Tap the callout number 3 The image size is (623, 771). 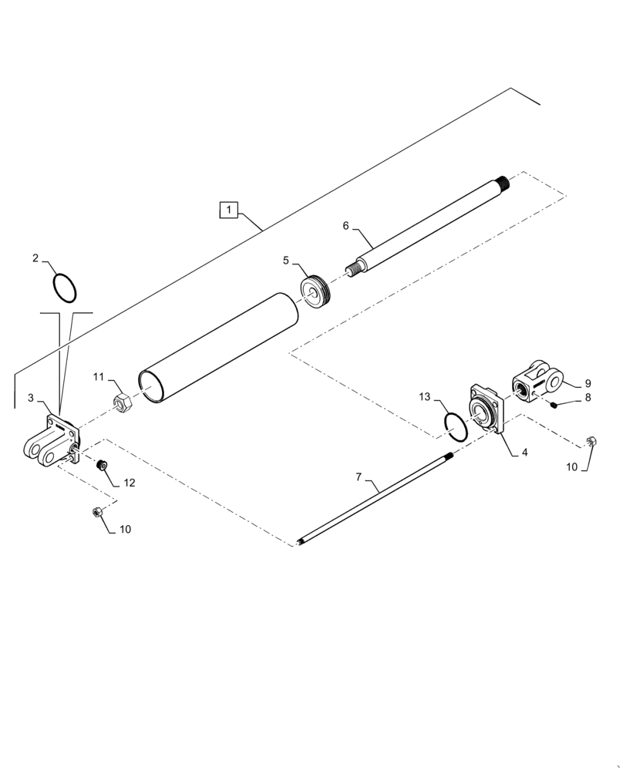(31, 398)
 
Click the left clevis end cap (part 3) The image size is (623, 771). (52, 443)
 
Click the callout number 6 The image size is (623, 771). (346, 226)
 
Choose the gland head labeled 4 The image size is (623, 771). (486, 409)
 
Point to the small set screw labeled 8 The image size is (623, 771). (554, 402)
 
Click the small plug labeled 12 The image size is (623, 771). (100, 465)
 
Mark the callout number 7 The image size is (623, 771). (359, 478)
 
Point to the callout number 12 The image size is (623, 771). (129, 483)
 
